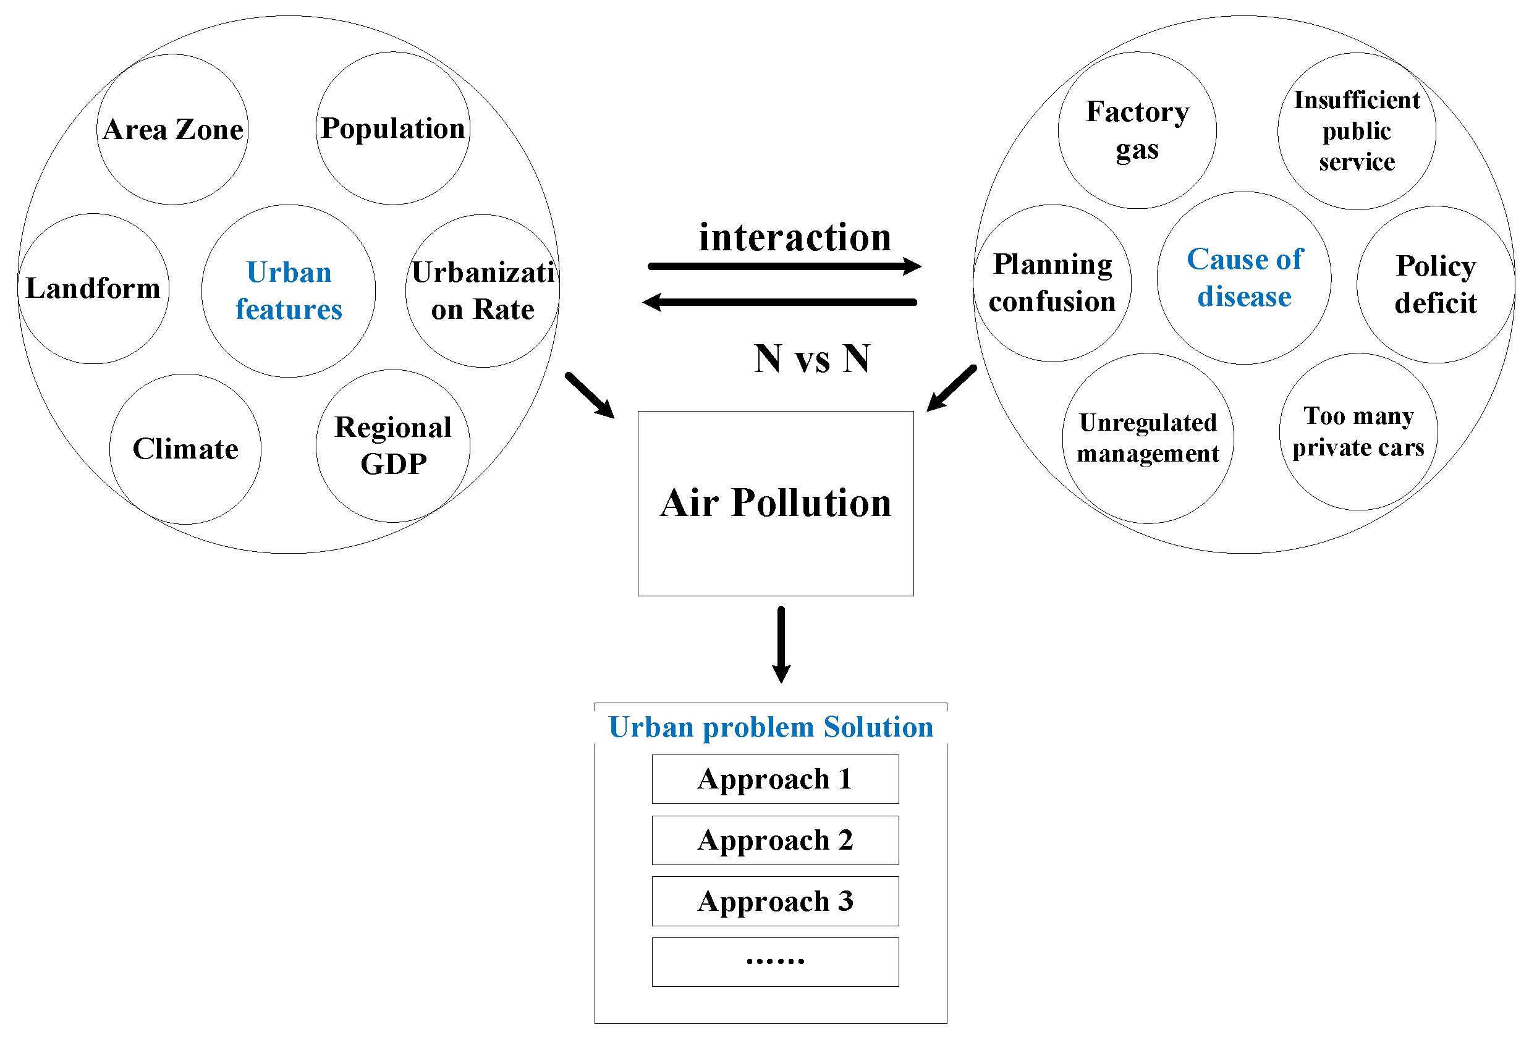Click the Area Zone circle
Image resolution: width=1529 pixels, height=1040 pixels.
[172, 130]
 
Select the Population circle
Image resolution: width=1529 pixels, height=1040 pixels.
[393, 129]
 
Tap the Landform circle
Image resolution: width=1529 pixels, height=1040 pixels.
[93, 288]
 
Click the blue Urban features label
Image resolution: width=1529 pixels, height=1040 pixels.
[289, 291]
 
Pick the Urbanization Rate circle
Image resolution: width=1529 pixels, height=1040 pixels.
[483, 291]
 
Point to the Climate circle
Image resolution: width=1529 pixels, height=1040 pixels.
[185, 449]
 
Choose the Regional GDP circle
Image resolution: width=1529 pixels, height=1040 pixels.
[394, 446]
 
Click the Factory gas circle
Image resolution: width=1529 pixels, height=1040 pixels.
[1137, 130]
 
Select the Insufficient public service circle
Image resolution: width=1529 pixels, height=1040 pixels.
[1357, 131]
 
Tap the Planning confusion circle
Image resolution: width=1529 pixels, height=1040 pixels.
[1052, 283]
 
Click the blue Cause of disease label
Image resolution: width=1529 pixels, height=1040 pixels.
[1244, 277]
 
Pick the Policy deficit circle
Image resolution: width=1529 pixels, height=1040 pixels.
[1436, 284]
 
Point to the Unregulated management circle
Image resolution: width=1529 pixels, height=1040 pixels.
[1148, 438]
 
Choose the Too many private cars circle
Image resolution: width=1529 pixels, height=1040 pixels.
[1358, 431]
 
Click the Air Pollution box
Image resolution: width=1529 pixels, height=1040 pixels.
[776, 503]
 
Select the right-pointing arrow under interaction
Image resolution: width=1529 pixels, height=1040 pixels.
[783, 266]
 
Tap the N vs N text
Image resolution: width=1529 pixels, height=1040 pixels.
[812, 359]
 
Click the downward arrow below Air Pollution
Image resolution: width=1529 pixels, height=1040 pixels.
[781, 645]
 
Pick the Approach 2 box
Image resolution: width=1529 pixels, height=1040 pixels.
[775, 840]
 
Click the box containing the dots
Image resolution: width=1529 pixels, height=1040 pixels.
[775, 961]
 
